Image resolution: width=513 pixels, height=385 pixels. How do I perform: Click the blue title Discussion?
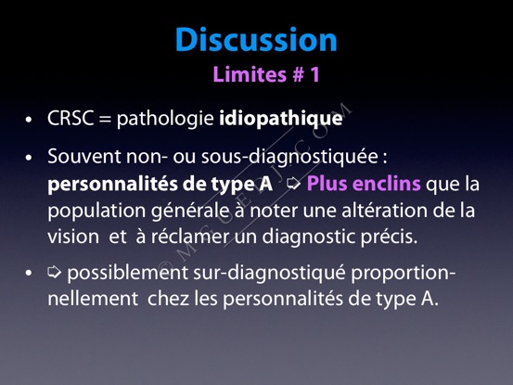256,40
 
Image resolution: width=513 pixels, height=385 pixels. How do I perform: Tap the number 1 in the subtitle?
314,74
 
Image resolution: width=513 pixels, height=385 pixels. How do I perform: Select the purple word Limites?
250,74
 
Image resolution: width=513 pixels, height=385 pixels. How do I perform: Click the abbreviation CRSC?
71,118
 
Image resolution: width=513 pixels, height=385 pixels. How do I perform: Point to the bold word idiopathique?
281,119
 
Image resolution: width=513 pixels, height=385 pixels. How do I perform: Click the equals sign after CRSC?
105,119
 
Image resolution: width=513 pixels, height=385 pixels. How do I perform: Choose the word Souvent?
84,157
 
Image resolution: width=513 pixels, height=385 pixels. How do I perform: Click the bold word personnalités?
112,185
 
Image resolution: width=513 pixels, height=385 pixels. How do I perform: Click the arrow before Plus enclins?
293,184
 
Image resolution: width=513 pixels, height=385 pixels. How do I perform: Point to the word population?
96,211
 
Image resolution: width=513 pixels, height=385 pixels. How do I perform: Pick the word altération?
384,210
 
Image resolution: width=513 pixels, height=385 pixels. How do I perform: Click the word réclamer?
192,237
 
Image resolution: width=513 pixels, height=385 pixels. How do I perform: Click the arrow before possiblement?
55,272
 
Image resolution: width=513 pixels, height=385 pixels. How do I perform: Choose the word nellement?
93,299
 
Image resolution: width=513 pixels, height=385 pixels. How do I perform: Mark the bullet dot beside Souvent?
29,158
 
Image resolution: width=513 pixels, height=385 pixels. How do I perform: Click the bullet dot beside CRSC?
29,120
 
